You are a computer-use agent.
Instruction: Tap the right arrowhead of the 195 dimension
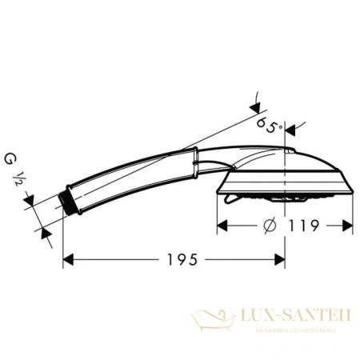pyautogui.click(x=281, y=260)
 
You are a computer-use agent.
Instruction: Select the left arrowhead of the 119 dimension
pyautogui.click(x=222, y=226)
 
